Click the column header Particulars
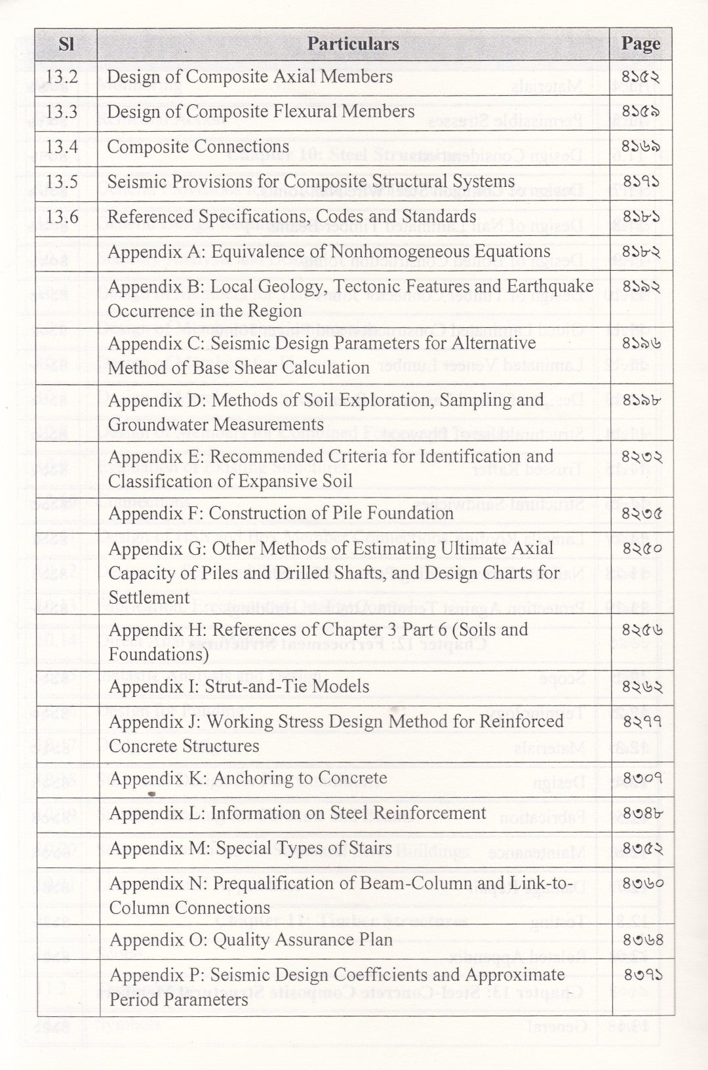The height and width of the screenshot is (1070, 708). click(x=353, y=44)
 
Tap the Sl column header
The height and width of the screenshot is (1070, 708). click(x=66, y=45)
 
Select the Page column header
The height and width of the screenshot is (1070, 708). click(x=640, y=44)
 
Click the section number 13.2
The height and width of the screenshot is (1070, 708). click(x=62, y=77)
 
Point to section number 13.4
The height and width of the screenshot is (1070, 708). click(x=62, y=147)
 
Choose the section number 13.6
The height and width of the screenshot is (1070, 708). click(x=62, y=217)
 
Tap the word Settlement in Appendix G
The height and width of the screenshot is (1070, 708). click(x=149, y=597)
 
